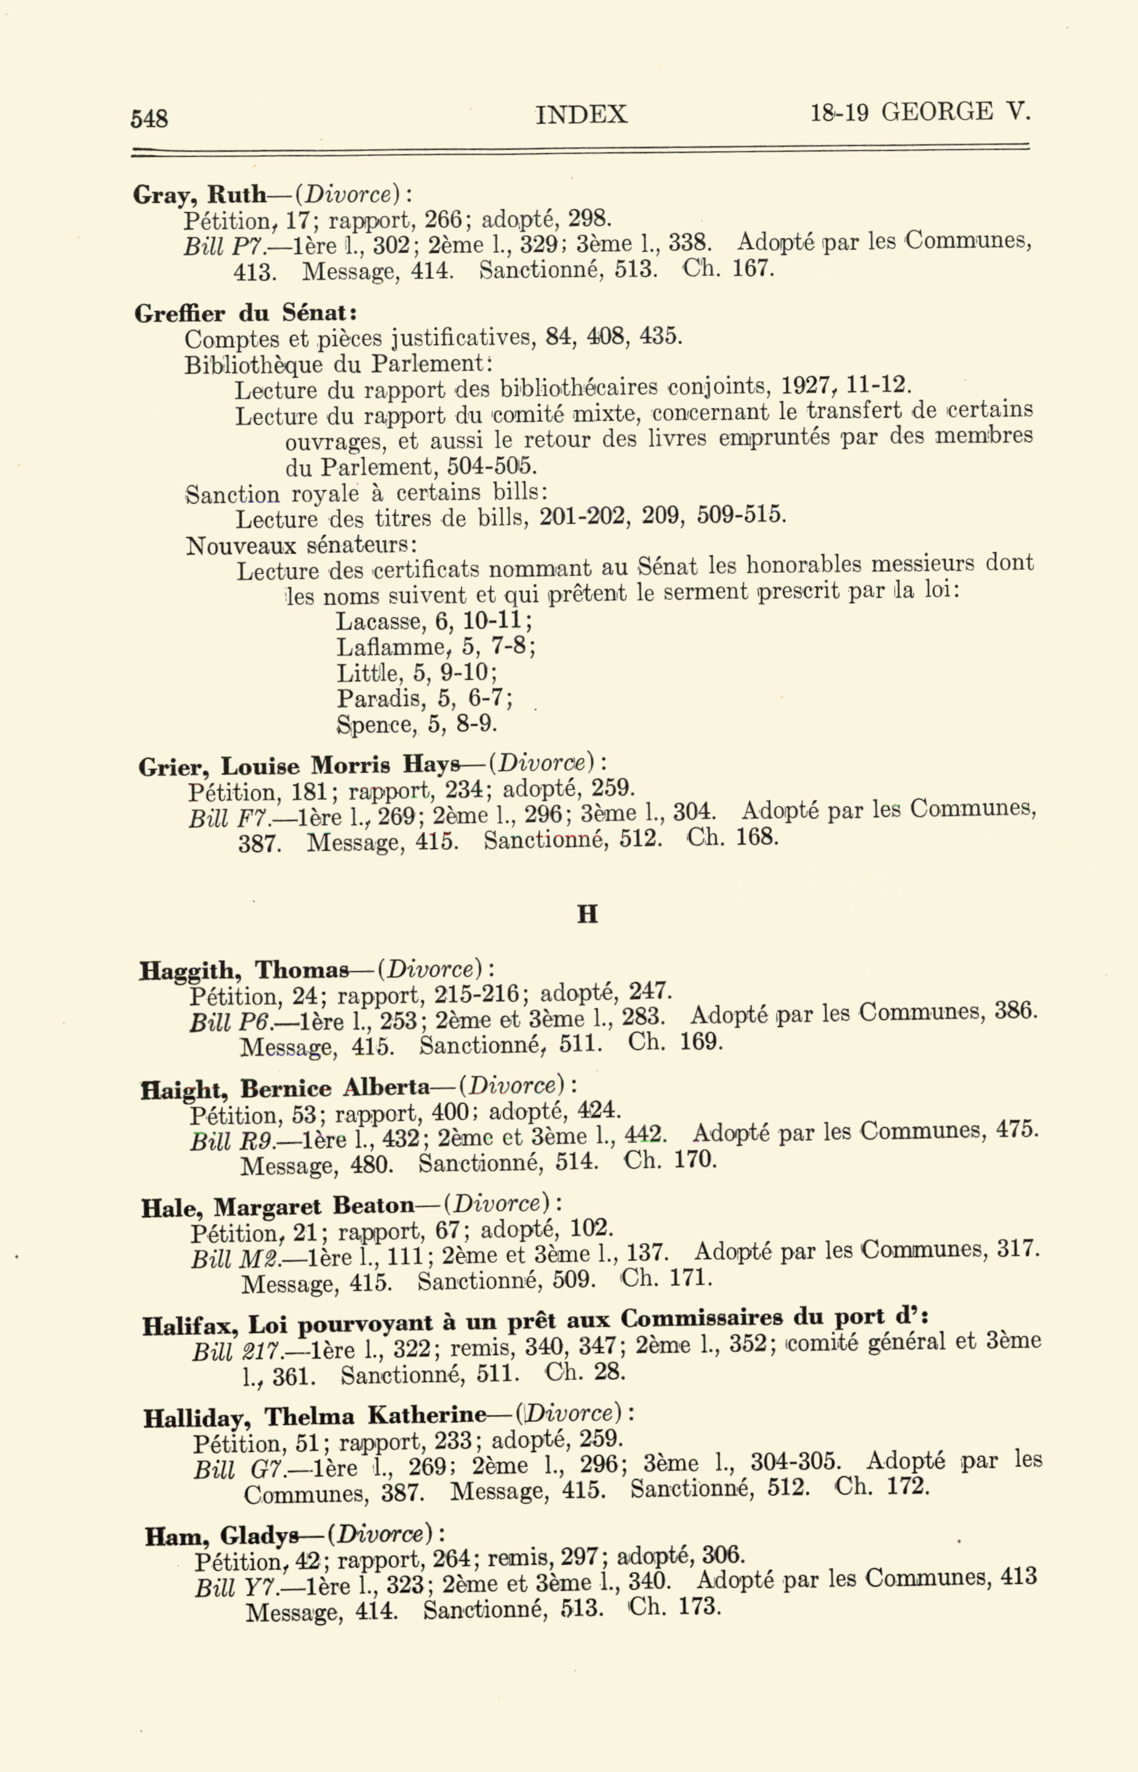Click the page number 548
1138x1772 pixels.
click(x=149, y=118)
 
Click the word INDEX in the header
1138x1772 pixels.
click(x=581, y=115)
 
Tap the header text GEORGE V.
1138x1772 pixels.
click(x=955, y=111)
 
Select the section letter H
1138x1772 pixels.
click(x=587, y=914)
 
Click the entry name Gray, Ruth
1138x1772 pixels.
click(x=198, y=194)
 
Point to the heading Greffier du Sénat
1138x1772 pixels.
click(x=245, y=314)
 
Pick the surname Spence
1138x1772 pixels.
click(x=376, y=724)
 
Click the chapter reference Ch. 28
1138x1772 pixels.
click(x=585, y=1373)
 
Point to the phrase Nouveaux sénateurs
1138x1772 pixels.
click(x=301, y=546)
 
